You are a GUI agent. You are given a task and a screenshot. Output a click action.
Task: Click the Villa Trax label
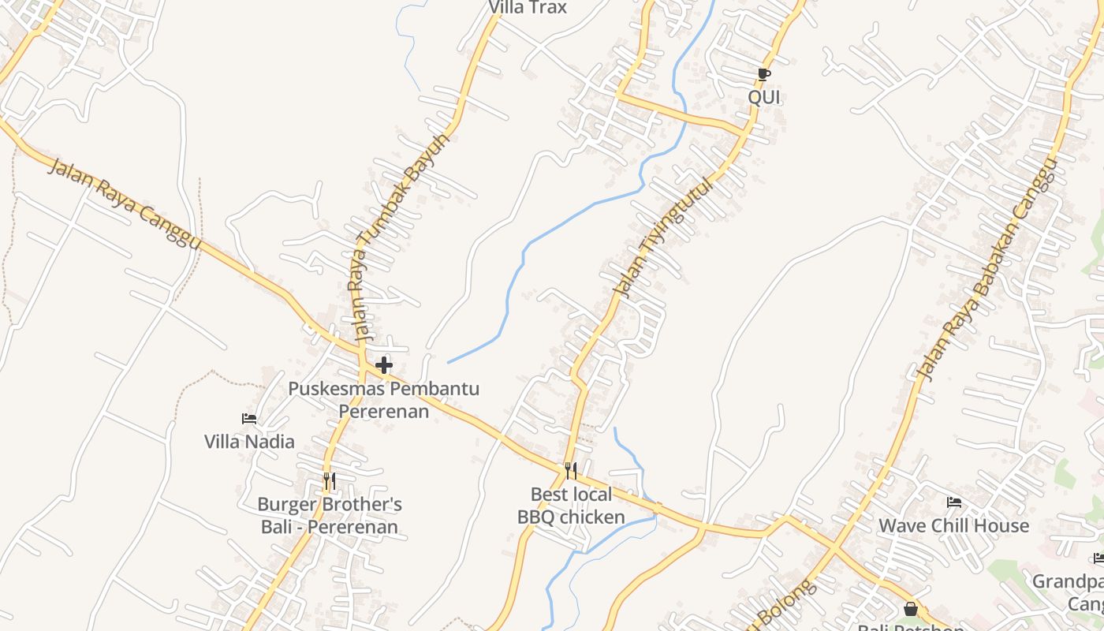click(528, 8)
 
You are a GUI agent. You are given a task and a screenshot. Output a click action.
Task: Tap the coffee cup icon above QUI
click(763, 74)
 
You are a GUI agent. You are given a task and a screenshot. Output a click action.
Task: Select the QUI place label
click(763, 97)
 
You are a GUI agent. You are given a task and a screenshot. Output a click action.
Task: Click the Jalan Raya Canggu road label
click(124, 205)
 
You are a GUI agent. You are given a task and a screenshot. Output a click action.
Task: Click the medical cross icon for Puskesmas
click(384, 365)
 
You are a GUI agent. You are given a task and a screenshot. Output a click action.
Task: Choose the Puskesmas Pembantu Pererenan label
click(384, 399)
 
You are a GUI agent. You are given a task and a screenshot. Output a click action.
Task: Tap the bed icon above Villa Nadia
click(249, 419)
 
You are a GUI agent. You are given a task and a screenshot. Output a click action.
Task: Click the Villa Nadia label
click(249, 442)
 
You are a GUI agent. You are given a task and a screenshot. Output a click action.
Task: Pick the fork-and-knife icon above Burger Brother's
click(330, 480)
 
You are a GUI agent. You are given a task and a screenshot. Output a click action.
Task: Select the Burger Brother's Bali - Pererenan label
click(330, 515)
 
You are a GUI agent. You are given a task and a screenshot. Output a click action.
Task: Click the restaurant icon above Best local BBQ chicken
click(571, 471)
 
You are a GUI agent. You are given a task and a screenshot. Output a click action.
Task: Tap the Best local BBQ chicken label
click(571, 506)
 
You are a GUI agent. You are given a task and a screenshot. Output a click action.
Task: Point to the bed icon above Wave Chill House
click(954, 502)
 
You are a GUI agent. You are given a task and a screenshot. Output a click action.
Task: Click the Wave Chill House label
click(954, 525)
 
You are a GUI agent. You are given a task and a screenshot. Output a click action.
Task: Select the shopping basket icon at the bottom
click(911, 609)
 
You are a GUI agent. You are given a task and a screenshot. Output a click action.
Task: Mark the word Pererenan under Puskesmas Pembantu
click(384, 411)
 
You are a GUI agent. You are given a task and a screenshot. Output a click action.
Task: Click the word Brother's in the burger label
click(364, 504)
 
